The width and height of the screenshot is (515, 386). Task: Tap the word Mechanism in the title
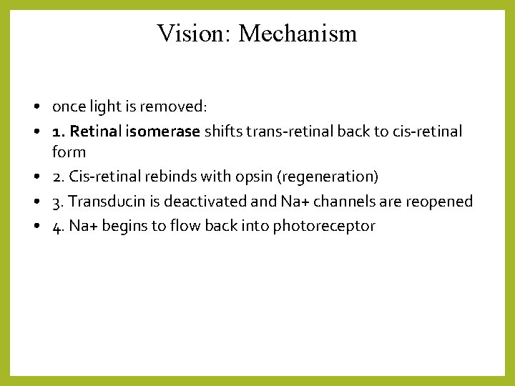[298, 34]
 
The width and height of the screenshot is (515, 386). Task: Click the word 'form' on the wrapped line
[69, 152]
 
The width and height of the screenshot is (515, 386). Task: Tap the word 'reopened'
[439, 202]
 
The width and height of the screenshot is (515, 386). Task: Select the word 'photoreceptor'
[324, 227]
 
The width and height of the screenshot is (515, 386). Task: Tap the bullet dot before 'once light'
[35, 107]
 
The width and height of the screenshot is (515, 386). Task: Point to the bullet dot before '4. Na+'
[35, 227]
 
